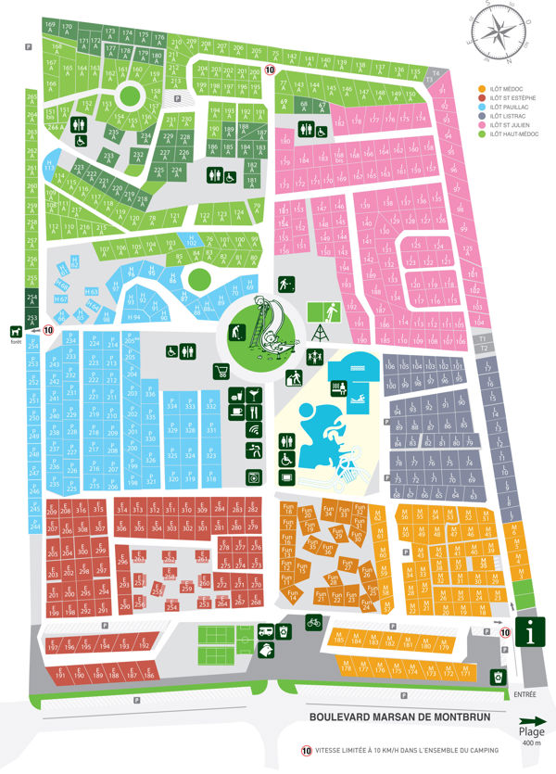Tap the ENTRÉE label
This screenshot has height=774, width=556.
point(525,692)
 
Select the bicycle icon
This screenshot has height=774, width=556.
point(313,623)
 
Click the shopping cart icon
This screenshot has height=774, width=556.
point(221,372)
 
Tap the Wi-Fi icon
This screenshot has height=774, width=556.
point(254,430)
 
